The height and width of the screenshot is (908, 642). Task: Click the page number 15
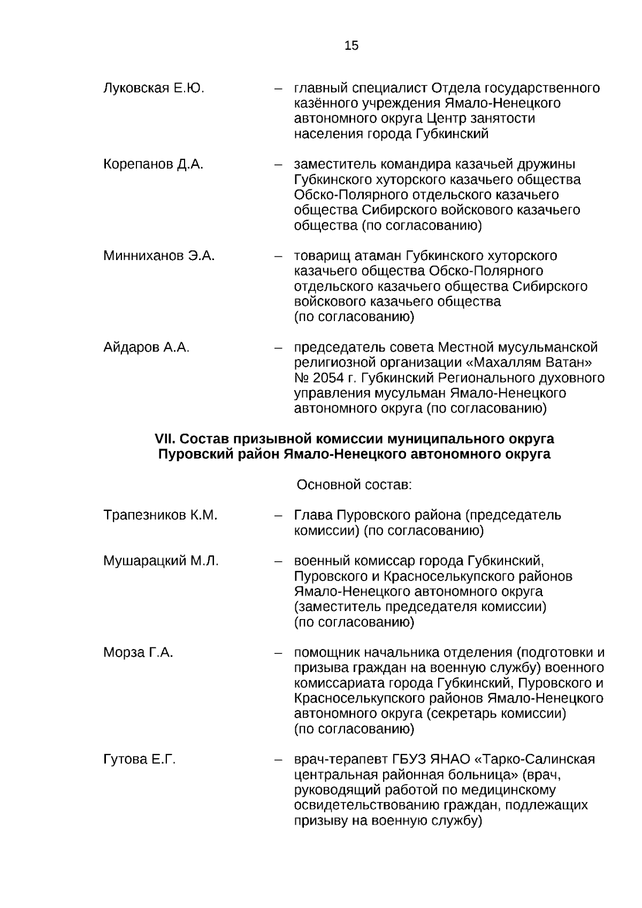click(351, 46)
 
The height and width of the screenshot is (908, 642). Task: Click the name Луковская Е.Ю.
click(154, 88)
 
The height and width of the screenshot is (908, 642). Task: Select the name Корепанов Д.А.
click(153, 164)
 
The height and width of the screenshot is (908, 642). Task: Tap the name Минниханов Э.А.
click(159, 256)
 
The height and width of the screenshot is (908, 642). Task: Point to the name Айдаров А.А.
click(146, 348)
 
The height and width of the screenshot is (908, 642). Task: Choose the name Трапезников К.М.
click(160, 515)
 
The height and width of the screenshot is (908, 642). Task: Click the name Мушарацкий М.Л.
click(160, 561)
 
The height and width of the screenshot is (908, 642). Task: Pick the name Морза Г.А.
click(138, 653)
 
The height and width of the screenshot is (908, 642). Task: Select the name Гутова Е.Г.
click(139, 760)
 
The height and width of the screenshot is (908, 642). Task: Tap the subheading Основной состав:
click(354, 485)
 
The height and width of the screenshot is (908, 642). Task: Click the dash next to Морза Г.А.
click(278, 653)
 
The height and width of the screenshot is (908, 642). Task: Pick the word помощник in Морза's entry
click(327, 653)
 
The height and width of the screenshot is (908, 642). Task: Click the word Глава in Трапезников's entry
click(314, 515)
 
